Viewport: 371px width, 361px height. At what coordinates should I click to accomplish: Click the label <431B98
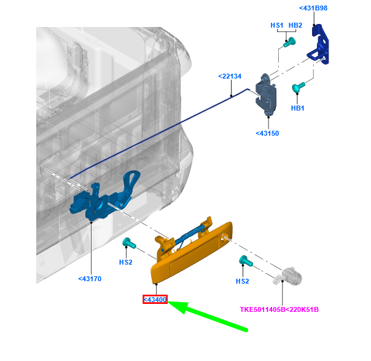click(313, 8)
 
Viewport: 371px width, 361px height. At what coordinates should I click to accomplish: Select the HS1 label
click(277, 25)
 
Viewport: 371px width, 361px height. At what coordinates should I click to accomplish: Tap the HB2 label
click(295, 25)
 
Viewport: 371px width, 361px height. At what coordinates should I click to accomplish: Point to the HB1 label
click(297, 108)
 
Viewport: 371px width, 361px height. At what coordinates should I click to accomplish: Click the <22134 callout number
click(230, 76)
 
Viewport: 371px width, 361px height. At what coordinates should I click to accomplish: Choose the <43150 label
click(267, 133)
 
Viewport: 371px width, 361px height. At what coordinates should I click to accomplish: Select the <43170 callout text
click(90, 279)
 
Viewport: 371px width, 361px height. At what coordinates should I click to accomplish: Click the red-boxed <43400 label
click(155, 300)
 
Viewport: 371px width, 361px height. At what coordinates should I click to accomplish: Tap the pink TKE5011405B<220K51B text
click(279, 309)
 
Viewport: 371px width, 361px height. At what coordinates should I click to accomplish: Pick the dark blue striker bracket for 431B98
click(319, 44)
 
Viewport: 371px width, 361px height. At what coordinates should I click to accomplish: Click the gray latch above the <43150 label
click(266, 95)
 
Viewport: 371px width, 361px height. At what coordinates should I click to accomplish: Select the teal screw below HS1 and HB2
click(289, 42)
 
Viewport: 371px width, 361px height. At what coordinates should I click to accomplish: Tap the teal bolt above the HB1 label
click(298, 87)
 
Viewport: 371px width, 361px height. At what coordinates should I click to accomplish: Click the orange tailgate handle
click(192, 250)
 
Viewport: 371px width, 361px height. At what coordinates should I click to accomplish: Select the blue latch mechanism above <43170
click(104, 196)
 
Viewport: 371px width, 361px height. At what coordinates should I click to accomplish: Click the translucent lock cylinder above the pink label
click(287, 276)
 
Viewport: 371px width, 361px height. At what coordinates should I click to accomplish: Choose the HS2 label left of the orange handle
click(126, 262)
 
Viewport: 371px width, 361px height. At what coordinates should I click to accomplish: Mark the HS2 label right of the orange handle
click(242, 281)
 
